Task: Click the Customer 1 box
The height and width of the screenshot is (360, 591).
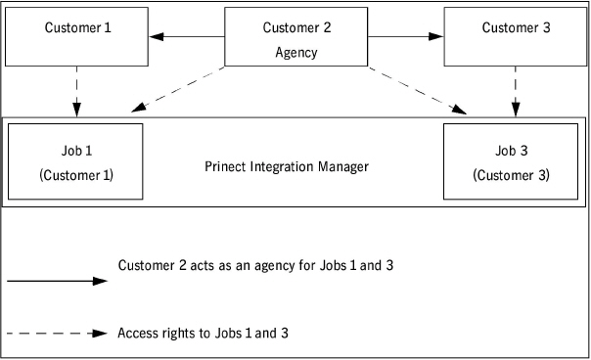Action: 78,37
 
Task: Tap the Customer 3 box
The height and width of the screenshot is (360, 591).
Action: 516,37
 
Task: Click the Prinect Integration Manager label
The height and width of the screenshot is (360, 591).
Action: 287,166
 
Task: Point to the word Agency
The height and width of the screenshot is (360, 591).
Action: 296,53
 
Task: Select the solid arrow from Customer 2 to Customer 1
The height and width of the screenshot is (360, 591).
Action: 187,37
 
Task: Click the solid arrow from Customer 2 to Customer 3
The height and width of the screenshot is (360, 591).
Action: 405,37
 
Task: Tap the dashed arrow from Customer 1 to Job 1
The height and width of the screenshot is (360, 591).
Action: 77,91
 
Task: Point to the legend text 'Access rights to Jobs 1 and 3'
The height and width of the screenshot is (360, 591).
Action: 203,333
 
